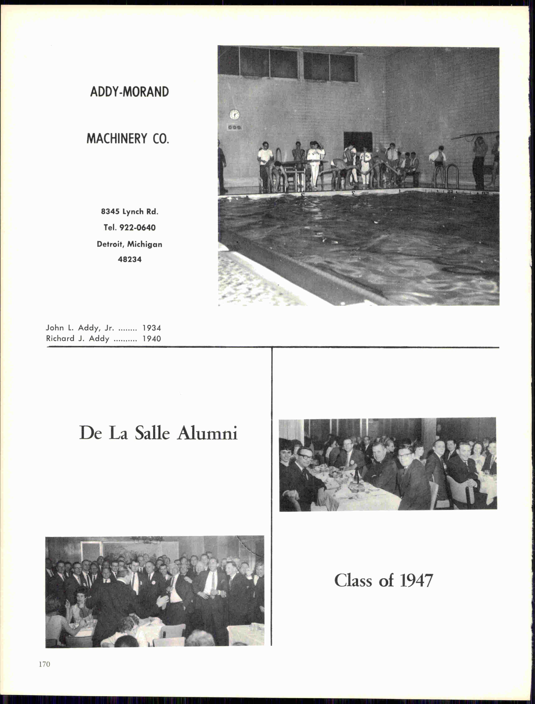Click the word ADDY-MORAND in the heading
point(129,92)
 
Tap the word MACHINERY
point(117,139)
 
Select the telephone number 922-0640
point(137,227)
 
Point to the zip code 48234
point(130,259)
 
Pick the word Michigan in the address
point(145,244)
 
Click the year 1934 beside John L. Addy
point(152,328)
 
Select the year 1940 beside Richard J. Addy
point(152,339)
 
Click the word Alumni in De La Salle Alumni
point(207,433)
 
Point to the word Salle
point(152,433)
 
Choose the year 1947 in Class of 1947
point(416,580)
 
